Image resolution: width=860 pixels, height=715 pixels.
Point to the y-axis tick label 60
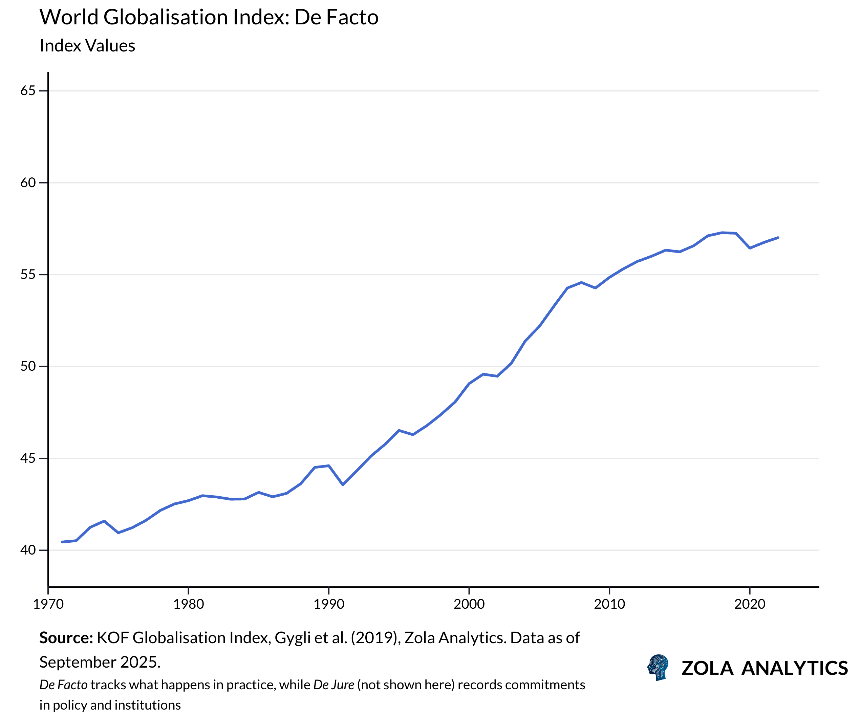[x=28, y=182]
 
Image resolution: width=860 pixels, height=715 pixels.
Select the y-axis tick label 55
[x=28, y=274]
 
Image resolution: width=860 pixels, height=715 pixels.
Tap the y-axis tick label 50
[x=28, y=366]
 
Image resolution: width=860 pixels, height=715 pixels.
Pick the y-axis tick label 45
[x=28, y=458]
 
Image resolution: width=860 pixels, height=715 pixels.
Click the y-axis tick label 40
[x=28, y=550]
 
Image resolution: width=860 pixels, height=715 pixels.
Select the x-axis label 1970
[x=48, y=604]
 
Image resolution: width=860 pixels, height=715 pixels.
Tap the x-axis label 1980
[x=188, y=604]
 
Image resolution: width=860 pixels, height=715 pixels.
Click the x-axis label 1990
[x=329, y=604]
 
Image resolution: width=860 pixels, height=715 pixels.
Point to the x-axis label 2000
[x=469, y=604]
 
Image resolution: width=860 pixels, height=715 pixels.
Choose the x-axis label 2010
[x=609, y=604]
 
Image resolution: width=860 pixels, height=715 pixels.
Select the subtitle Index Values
[x=87, y=45]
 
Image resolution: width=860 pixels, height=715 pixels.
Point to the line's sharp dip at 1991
[x=343, y=485]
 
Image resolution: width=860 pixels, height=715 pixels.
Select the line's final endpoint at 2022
[x=778, y=238]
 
